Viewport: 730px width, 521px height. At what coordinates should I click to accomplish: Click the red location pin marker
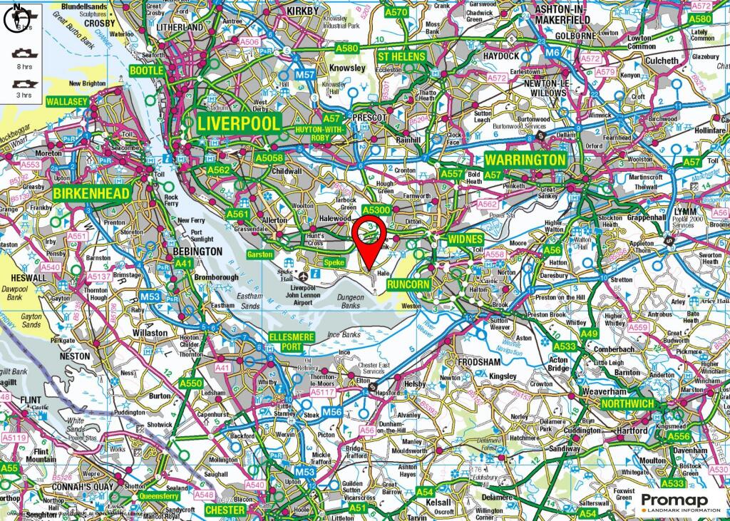point(370,239)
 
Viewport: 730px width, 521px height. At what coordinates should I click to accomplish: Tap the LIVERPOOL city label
point(239,123)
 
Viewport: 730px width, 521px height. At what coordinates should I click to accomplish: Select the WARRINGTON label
point(525,160)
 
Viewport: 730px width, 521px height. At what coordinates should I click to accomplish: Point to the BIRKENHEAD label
point(91,193)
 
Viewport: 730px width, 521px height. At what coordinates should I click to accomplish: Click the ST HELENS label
point(401,56)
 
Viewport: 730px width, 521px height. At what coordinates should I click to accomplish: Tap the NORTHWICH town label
point(627,403)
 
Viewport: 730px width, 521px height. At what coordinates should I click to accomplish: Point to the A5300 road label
point(376,211)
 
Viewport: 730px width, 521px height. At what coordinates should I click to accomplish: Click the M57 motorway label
point(304,75)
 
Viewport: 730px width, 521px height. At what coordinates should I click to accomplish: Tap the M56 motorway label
point(331,412)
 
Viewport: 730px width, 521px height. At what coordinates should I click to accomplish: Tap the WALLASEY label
point(66,102)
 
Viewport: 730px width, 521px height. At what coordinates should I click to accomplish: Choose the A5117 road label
point(323,392)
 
